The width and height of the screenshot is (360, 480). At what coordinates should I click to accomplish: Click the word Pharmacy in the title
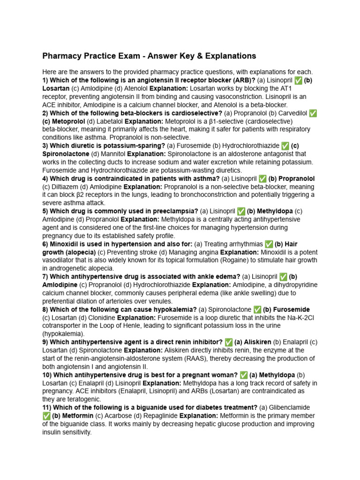[61, 56]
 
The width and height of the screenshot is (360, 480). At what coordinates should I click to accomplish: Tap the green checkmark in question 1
[298, 81]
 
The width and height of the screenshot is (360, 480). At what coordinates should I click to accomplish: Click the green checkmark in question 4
[262, 179]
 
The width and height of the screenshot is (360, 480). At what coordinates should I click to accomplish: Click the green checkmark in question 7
[283, 277]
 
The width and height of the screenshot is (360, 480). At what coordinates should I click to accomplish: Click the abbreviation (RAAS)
[197, 359]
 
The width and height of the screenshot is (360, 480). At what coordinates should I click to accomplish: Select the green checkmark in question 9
[229, 342]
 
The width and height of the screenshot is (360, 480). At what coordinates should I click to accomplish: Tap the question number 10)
[47, 375]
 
